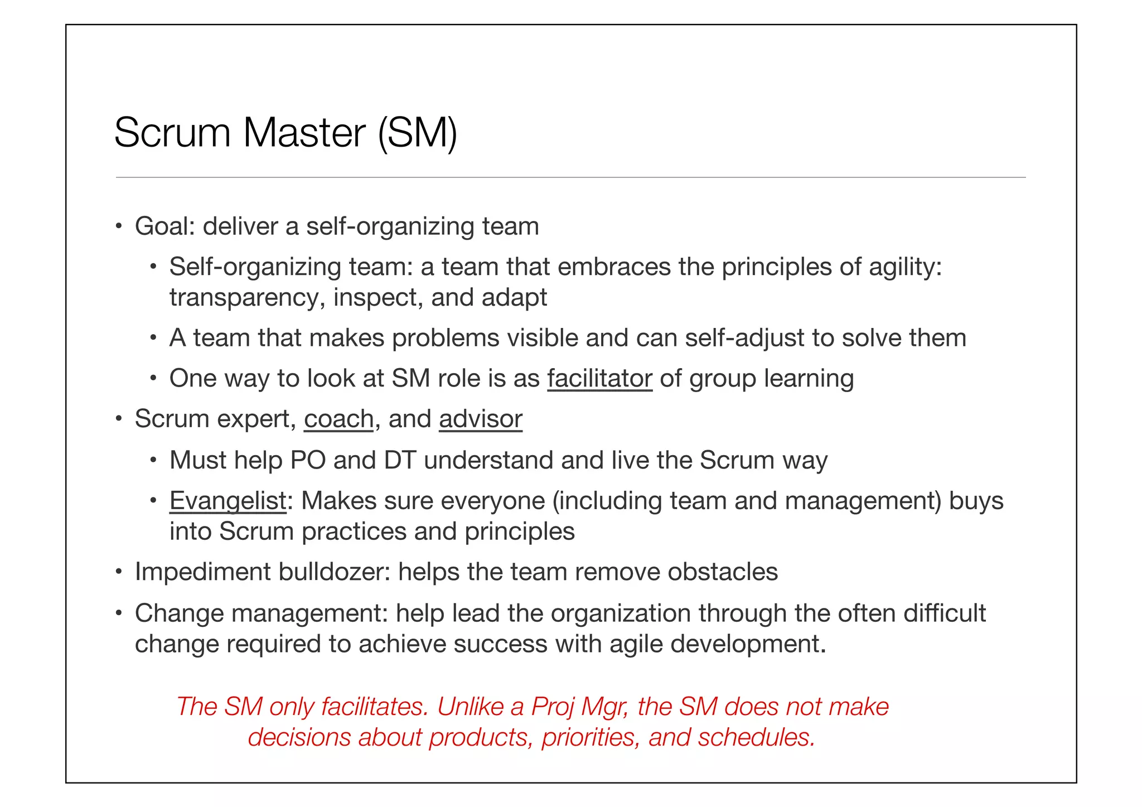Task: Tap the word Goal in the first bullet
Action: pos(163,226)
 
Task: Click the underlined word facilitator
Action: pos(599,379)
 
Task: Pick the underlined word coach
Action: pos(338,419)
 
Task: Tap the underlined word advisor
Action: pos(481,419)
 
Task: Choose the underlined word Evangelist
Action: pos(228,501)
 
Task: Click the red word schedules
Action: pos(757,738)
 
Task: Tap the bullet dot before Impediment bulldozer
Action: pos(118,572)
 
